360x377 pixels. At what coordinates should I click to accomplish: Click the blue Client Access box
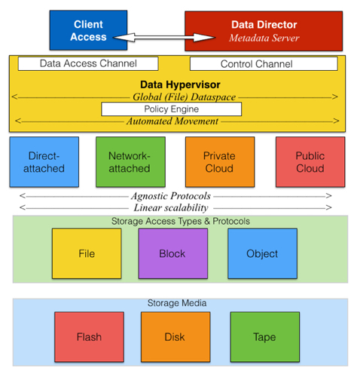tap(88, 30)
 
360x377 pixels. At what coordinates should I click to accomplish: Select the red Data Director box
tap(264, 31)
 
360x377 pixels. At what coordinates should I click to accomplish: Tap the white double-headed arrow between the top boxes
tap(164, 38)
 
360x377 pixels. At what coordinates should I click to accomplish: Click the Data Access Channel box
tap(88, 63)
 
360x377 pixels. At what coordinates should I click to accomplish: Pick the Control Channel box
tap(264, 64)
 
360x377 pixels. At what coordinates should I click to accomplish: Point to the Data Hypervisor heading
tap(180, 84)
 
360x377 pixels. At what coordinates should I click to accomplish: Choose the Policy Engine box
tap(172, 109)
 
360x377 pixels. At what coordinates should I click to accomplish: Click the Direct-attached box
tap(44, 162)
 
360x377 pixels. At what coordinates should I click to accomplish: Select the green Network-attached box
tap(130, 162)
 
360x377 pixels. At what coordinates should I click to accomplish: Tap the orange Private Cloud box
tap(220, 162)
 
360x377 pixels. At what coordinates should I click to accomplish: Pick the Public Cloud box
tap(310, 162)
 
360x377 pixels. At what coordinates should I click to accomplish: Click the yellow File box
tap(87, 253)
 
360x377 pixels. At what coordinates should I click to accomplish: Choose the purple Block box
tap(173, 253)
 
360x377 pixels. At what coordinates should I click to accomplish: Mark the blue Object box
tap(262, 253)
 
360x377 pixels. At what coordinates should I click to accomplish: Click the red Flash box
tap(89, 337)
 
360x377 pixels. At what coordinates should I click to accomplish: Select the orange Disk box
tap(175, 337)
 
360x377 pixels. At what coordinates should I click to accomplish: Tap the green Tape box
tap(265, 337)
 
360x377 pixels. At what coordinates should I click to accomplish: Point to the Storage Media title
tap(177, 303)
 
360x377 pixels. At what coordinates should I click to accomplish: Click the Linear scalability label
tap(171, 207)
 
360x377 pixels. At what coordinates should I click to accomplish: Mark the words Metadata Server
tap(264, 38)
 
